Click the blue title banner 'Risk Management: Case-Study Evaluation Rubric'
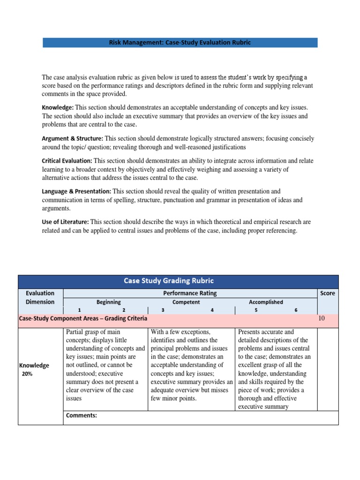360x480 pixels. pos(180,43)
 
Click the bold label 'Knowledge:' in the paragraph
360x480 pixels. pos(58,108)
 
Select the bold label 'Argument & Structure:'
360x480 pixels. pos(73,139)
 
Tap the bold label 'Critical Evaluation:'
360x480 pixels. pos(67,161)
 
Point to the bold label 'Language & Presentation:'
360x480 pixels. pos(76,192)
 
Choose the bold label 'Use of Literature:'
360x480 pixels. pos(65,222)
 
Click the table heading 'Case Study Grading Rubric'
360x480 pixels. pos(168,281)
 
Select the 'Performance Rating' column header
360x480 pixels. pos(190,293)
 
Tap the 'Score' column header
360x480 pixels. pos(327,293)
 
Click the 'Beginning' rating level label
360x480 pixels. pos(108,302)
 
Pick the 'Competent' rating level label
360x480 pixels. pos(186,302)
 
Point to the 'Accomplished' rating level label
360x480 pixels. pos(266,302)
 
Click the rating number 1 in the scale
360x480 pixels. pos(79,310)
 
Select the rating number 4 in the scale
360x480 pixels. pos(212,310)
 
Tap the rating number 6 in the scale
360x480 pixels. pos(296,310)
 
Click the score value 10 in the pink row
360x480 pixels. pos(322,318)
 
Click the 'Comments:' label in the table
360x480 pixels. pos(82,415)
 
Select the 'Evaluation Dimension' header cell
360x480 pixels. pos(40,297)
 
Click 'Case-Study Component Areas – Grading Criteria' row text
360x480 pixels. pos(83,318)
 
